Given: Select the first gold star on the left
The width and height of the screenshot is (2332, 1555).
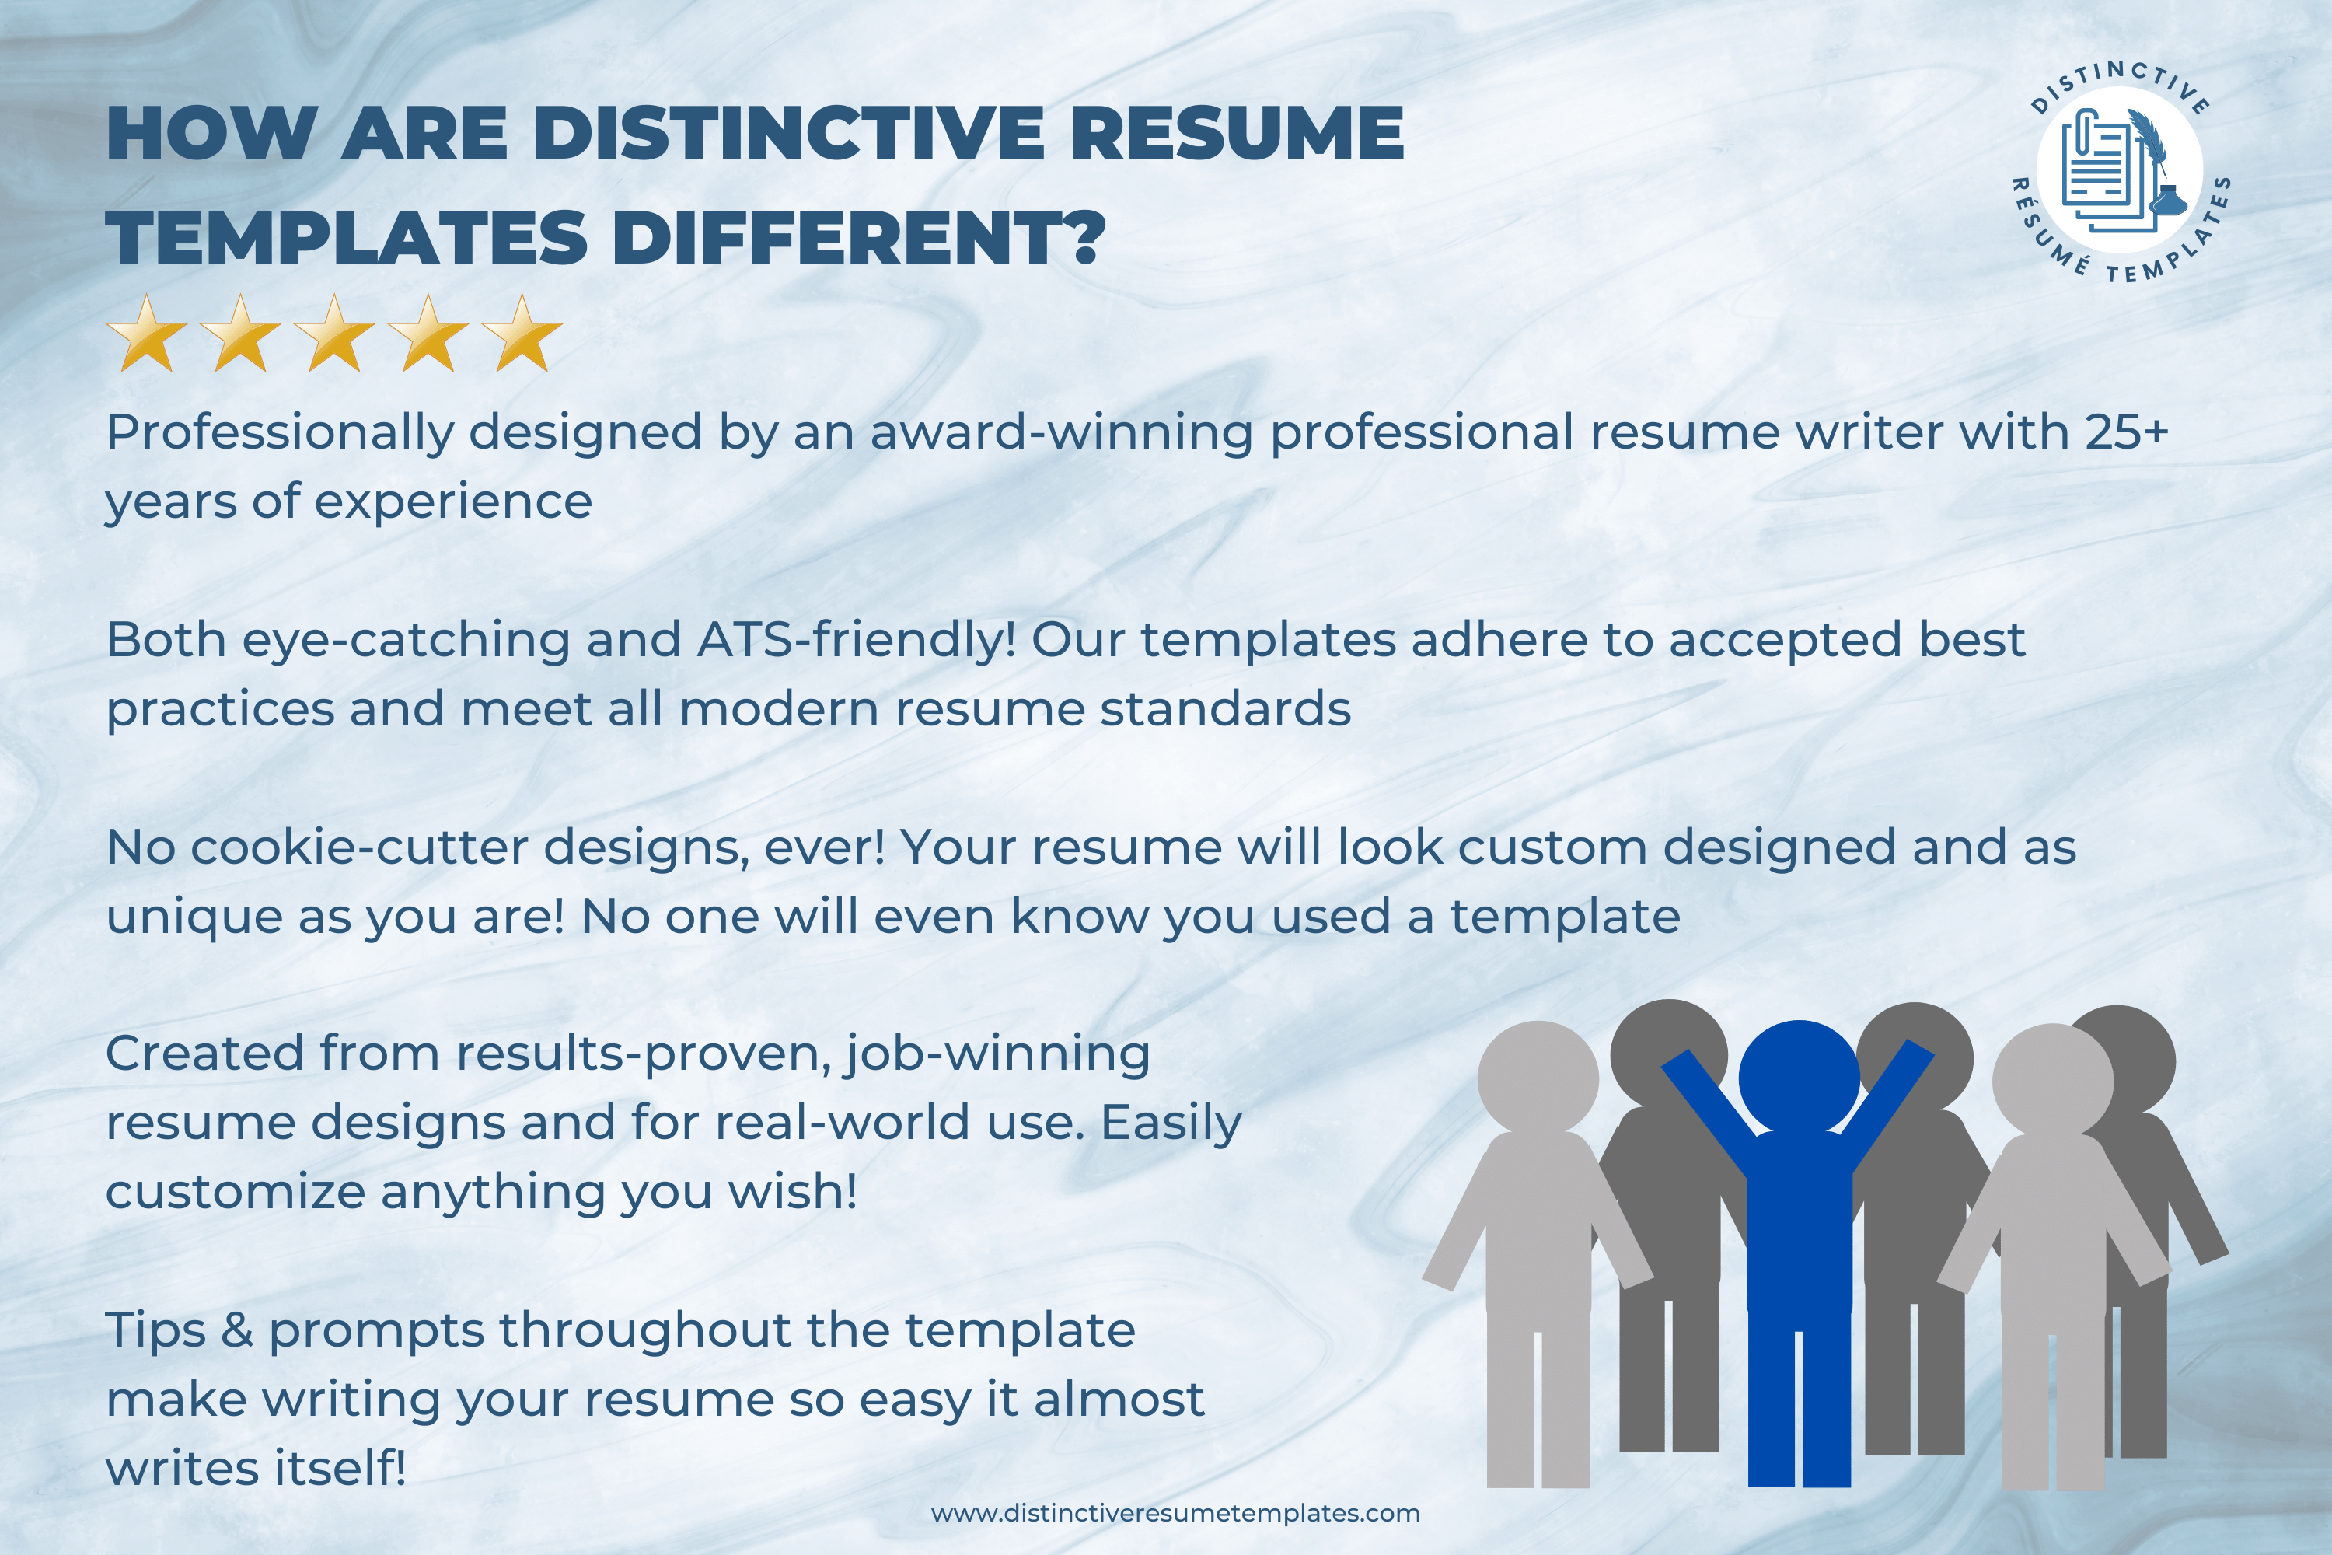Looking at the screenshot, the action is (147, 334).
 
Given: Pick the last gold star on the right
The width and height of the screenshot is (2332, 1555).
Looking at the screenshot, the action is (522, 334).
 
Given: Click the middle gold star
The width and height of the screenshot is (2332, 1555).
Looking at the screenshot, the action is (335, 334).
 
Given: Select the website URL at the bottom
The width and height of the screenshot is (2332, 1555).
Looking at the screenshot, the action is (1175, 1513).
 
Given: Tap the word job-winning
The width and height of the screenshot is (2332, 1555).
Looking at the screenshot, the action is (997, 1054).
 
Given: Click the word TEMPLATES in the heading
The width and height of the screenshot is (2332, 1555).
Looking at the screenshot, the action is (347, 237).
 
